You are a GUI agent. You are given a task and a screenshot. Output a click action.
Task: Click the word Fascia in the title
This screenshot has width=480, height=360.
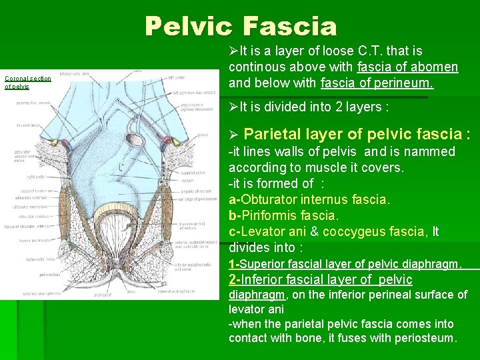tap(291, 27)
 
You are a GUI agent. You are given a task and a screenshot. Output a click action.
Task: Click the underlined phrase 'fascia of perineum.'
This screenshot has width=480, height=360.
tap(377, 83)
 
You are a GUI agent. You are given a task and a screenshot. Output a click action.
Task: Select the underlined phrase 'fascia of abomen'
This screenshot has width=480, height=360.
tap(407, 67)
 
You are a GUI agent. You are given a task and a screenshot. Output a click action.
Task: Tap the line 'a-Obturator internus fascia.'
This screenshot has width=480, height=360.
tap(309, 199)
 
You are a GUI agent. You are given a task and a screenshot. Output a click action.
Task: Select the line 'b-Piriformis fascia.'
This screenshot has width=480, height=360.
tap(283, 215)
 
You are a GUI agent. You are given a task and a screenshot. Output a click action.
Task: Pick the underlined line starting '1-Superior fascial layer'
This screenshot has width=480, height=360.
tap(345, 264)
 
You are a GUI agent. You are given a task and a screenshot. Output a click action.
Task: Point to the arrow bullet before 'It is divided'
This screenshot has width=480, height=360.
tap(233, 107)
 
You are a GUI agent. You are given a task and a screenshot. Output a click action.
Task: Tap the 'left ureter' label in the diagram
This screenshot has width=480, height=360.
tap(177, 78)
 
